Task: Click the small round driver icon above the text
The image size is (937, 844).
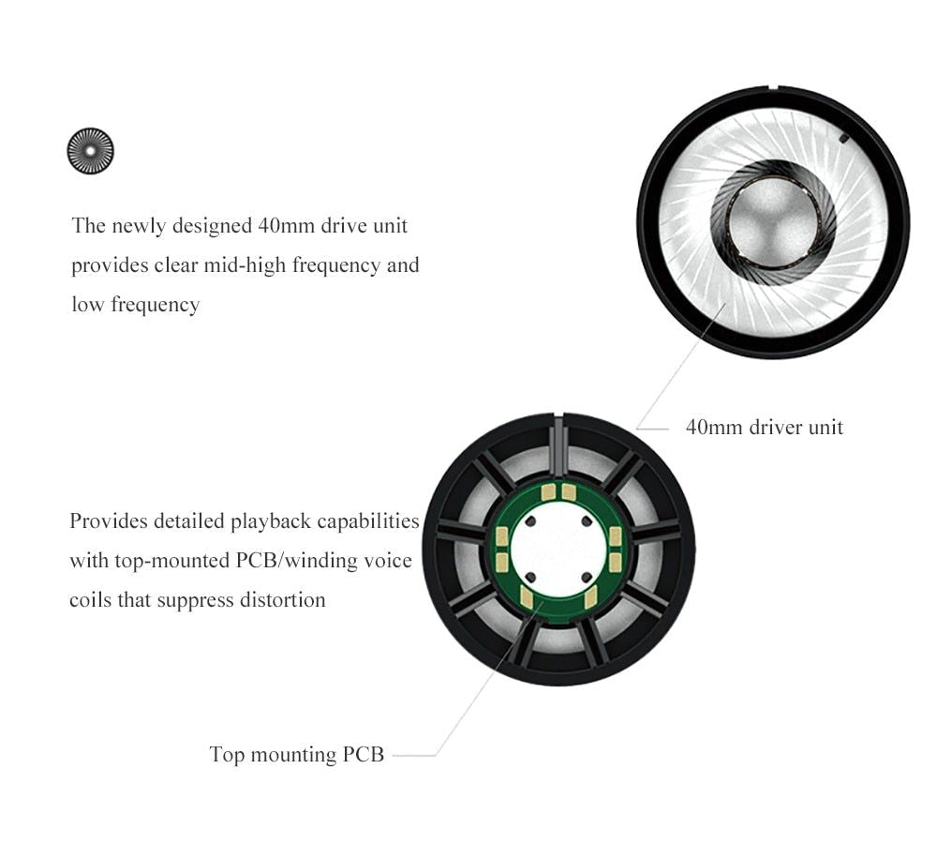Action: (90, 151)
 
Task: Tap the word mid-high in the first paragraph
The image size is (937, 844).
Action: (245, 265)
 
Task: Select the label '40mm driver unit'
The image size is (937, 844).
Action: (765, 427)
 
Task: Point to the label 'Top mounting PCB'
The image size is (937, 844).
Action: (296, 754)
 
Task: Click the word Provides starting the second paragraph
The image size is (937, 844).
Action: (109, 521)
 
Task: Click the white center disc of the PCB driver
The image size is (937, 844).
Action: (558, 550)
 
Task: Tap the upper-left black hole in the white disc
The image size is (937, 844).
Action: (530, 521)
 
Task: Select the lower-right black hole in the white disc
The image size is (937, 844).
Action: (587, 578)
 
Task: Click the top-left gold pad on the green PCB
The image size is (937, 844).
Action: (548, 492)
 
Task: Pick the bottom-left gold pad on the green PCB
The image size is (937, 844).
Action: (527, 595)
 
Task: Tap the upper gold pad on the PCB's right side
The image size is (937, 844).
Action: (615, 536)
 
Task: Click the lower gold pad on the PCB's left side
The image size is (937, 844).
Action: (501, 562)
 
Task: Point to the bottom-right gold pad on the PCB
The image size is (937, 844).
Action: (590, 596)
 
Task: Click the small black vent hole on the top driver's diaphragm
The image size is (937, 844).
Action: (844, 139)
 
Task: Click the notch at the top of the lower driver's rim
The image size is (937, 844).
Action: (558, 414)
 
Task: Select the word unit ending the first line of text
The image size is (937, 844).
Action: (390, 225)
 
